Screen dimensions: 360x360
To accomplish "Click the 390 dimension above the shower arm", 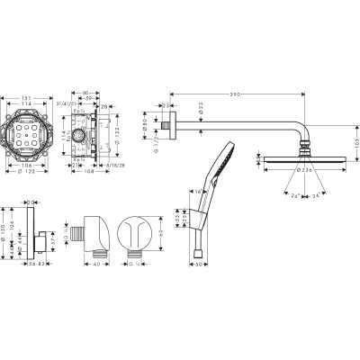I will (x=235, y=94).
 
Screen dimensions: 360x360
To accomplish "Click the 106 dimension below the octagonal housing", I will (x=29, y=166).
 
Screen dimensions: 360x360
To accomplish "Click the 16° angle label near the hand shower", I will (x=196, y=192).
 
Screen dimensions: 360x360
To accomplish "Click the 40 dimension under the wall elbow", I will (x=97, y=266).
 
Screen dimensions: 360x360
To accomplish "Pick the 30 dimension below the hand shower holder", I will (x=205, y=266).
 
